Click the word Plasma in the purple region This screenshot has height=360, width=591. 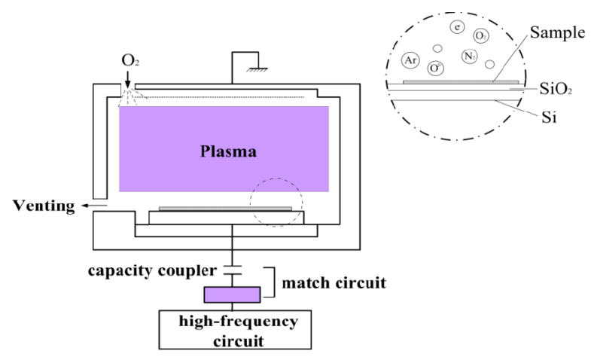228,151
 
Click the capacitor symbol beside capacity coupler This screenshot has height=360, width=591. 233,270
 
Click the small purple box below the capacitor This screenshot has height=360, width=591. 233,294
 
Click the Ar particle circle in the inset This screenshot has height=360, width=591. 410,59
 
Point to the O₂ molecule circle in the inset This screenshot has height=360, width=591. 480,35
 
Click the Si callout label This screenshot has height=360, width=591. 548,118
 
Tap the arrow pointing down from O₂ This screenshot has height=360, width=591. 128,78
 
